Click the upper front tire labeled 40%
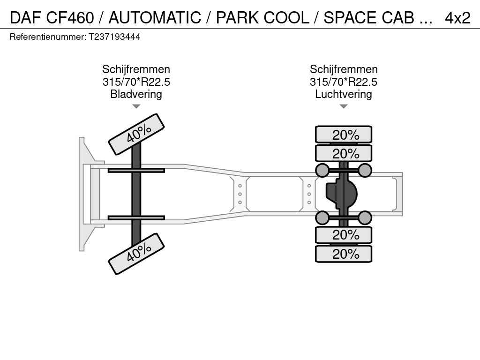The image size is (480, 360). point(136,134)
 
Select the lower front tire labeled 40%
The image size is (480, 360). point(136,254)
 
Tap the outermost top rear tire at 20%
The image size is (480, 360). point(344,135)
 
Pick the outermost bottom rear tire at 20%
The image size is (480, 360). point(344,254)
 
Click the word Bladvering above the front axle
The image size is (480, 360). point(136,94)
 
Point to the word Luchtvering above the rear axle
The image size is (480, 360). point(343,94)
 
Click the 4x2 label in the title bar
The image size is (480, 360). point(457,18)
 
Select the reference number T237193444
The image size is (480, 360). point(114,37)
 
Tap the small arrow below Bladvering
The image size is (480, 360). point(136,106)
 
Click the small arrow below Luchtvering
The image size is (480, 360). point(343,106)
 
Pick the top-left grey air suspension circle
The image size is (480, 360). point(322,170)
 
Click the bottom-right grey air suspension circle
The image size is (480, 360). point(365,217)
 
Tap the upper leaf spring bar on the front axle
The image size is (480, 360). point(136,170)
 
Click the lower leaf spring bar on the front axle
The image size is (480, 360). point(136,217)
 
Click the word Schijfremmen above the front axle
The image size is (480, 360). point(136,70)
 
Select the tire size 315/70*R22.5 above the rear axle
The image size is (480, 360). point(343,82)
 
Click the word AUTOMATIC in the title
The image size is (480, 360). point(155,18)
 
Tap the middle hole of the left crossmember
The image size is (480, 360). point(240,194)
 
